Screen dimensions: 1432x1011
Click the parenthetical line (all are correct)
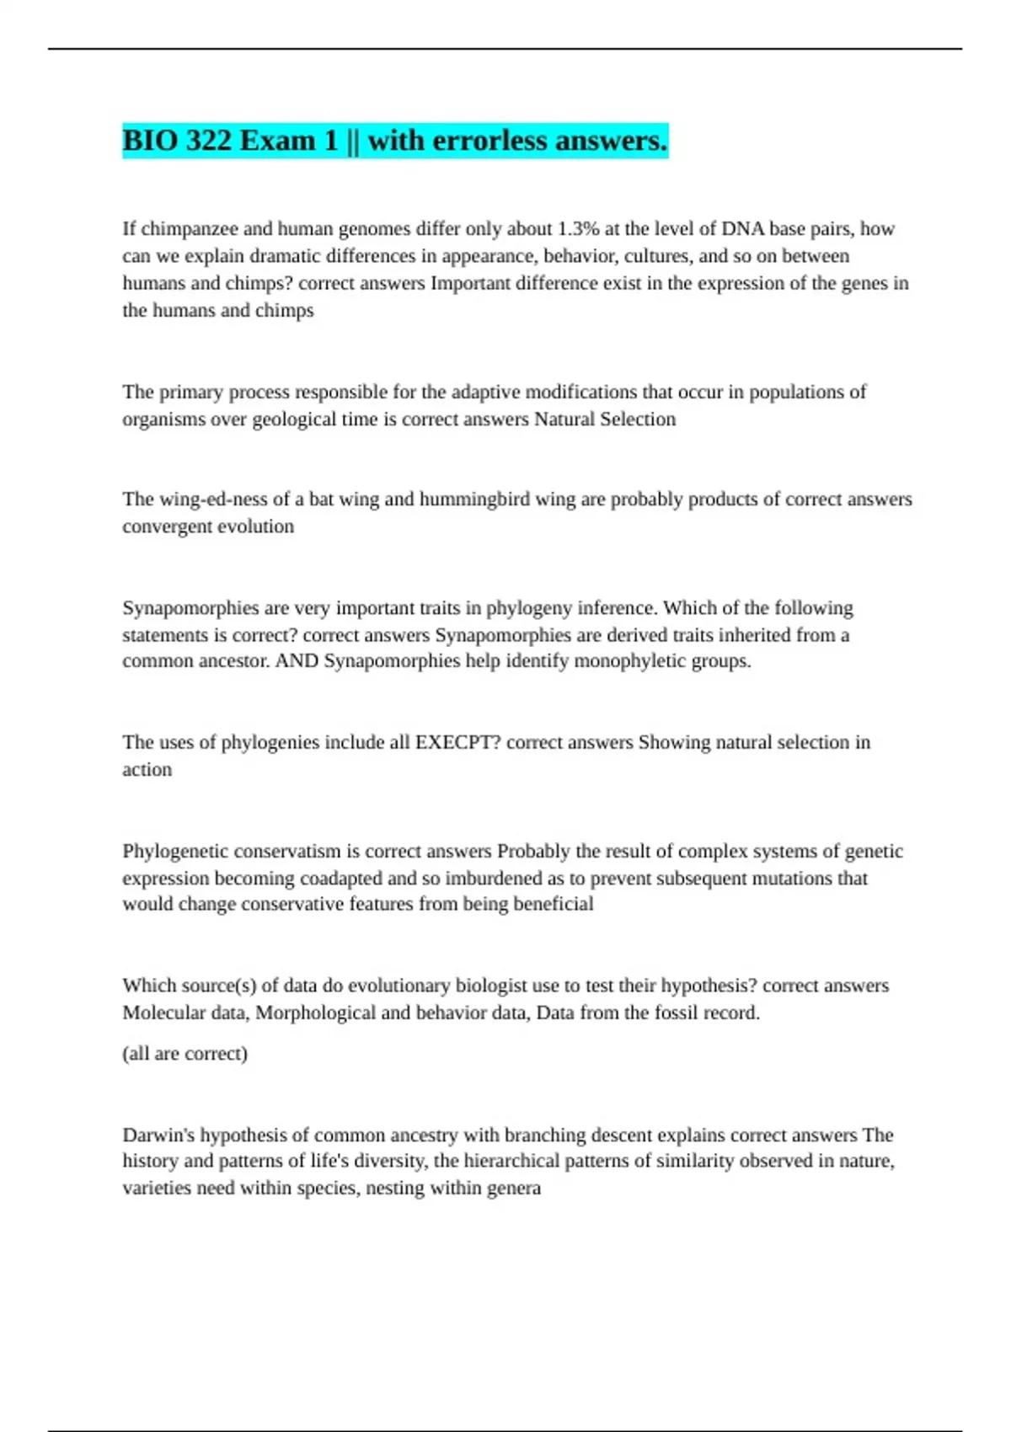pyautogui.click(x=185, y=1054)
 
